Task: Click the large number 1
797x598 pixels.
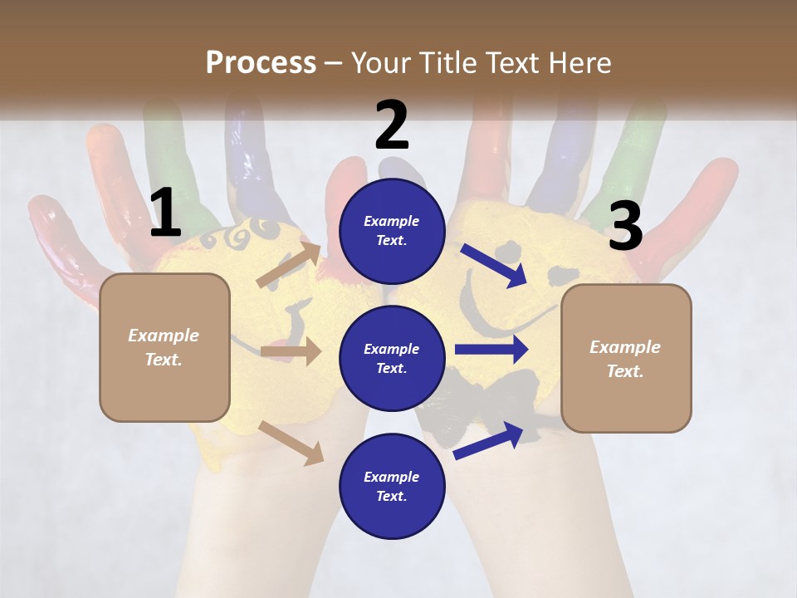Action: click(165, 214)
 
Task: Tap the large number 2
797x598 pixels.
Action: click(392, 126)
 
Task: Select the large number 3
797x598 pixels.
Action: click(625, 227)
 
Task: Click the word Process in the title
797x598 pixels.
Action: click(261, 62)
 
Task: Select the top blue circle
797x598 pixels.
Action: click(392, 231)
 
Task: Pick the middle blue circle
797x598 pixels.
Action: click(392, 358)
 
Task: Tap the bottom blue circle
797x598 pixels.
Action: click(392, 486)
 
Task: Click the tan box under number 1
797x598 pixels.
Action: click(164, 347)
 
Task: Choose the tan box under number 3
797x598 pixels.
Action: click(626, 358)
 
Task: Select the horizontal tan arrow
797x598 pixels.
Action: click(291, 351)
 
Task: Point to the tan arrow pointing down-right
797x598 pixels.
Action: click(291, 443)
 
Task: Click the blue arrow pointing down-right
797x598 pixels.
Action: click(494, 265)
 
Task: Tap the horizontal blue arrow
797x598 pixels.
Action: click(491, 349)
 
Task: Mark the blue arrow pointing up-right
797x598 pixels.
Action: click(489, 440)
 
